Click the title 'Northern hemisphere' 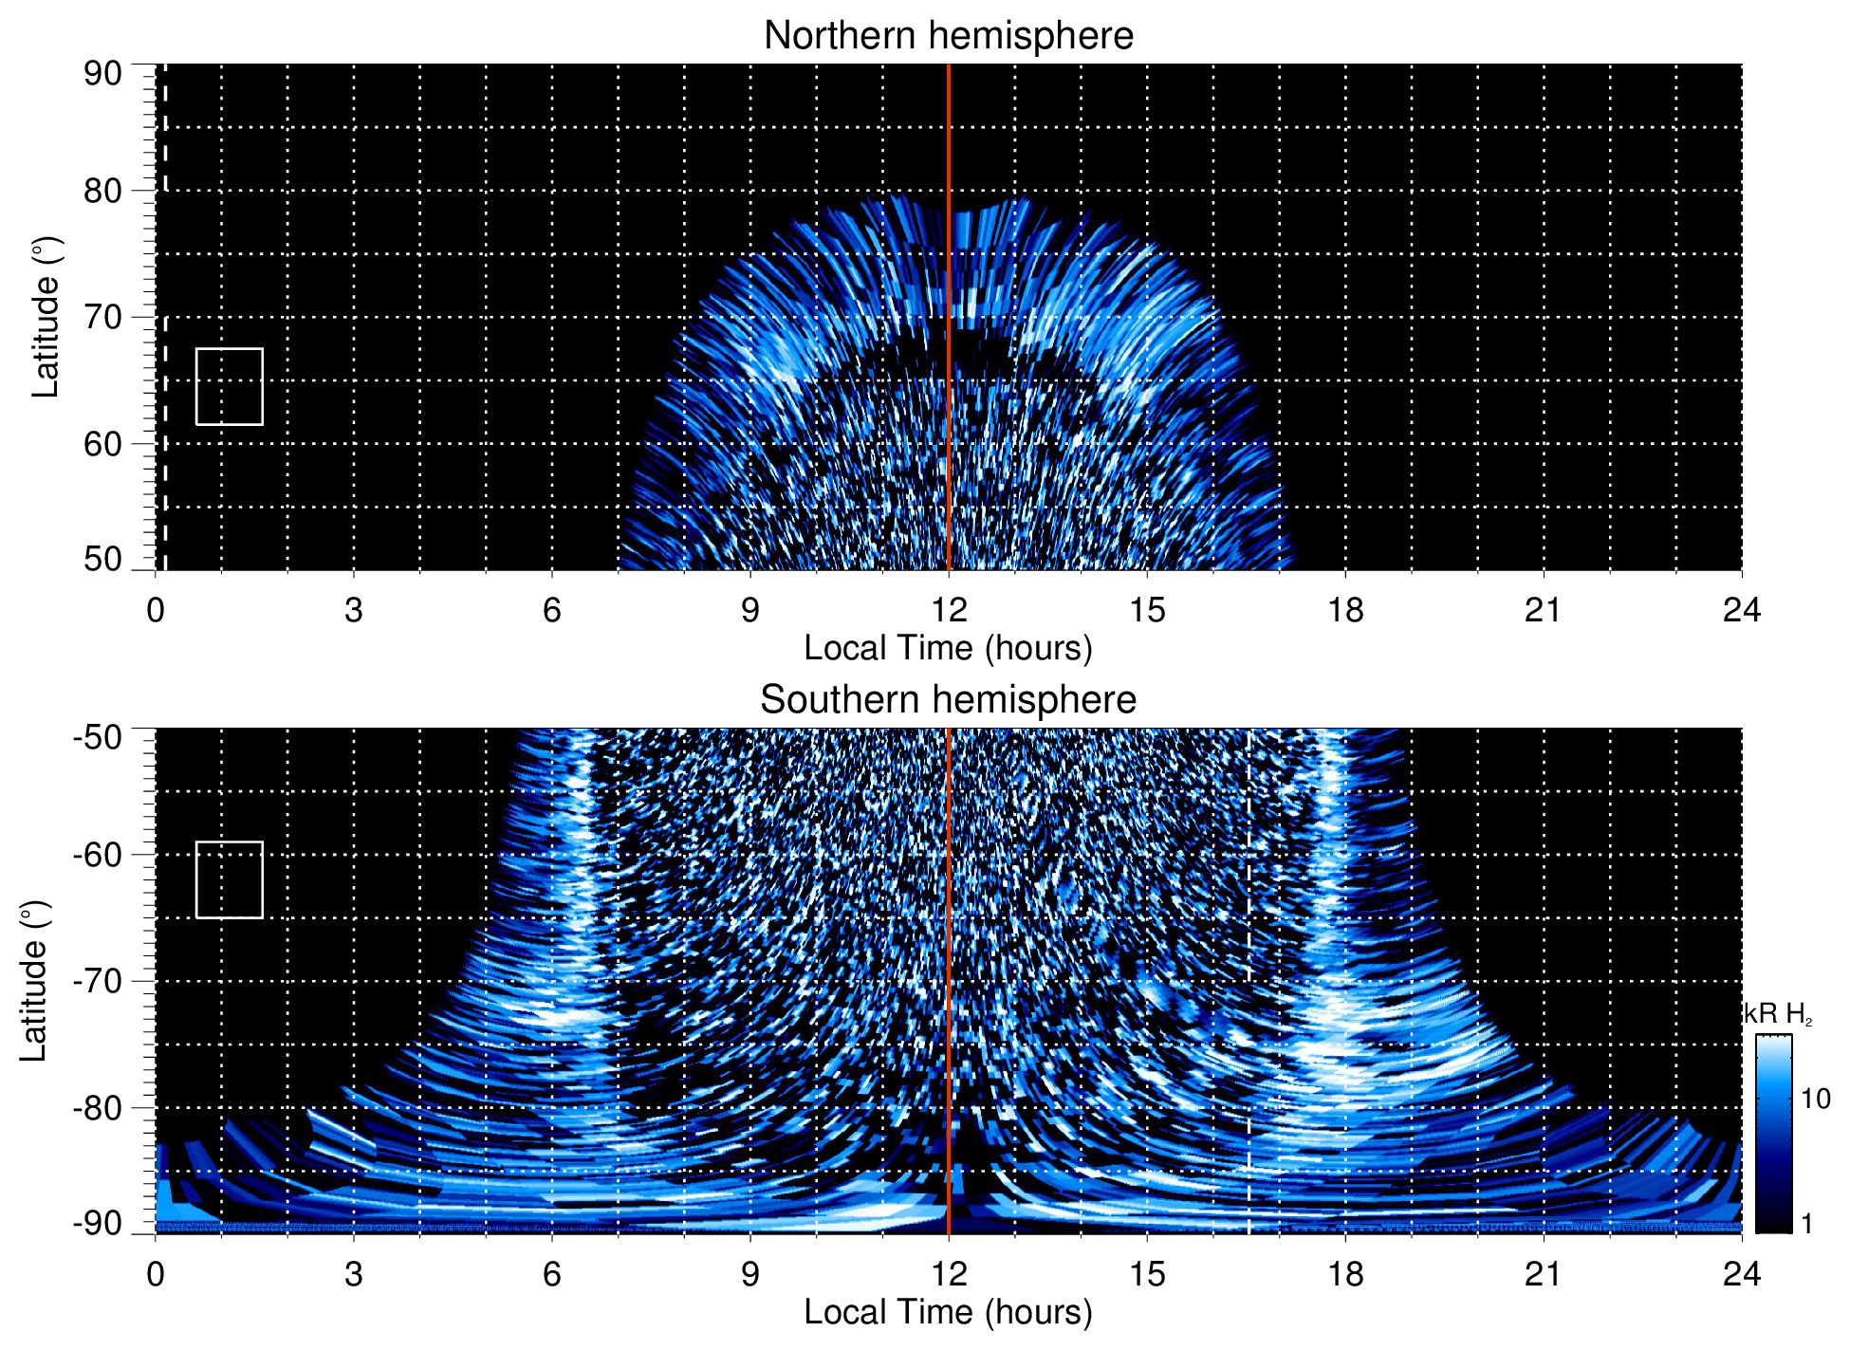tap(948, 36)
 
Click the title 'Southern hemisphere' tap(948, 700)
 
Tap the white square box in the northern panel tap(230, 386)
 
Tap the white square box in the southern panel tap(230, 879)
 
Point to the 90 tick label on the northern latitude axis tap(102, 74)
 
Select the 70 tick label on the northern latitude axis tap(102, 317)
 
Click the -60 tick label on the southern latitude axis tap(98, 854)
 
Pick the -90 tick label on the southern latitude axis tap(98, 1223)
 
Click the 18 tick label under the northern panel tap(1345, 610)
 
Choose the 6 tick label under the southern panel tap(552, 1273)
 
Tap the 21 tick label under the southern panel tap(1544, 1273)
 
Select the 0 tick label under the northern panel tap(156, 610)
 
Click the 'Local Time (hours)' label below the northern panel tap(948, 648)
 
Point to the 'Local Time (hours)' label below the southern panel tap(948, 1312)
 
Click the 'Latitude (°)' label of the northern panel tap(46, 317)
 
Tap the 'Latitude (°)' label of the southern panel tap(34, 981)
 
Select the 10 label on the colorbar tap(1816, 1099)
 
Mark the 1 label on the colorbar tap(1806, 1223)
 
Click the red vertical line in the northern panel tap(949, 285)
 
